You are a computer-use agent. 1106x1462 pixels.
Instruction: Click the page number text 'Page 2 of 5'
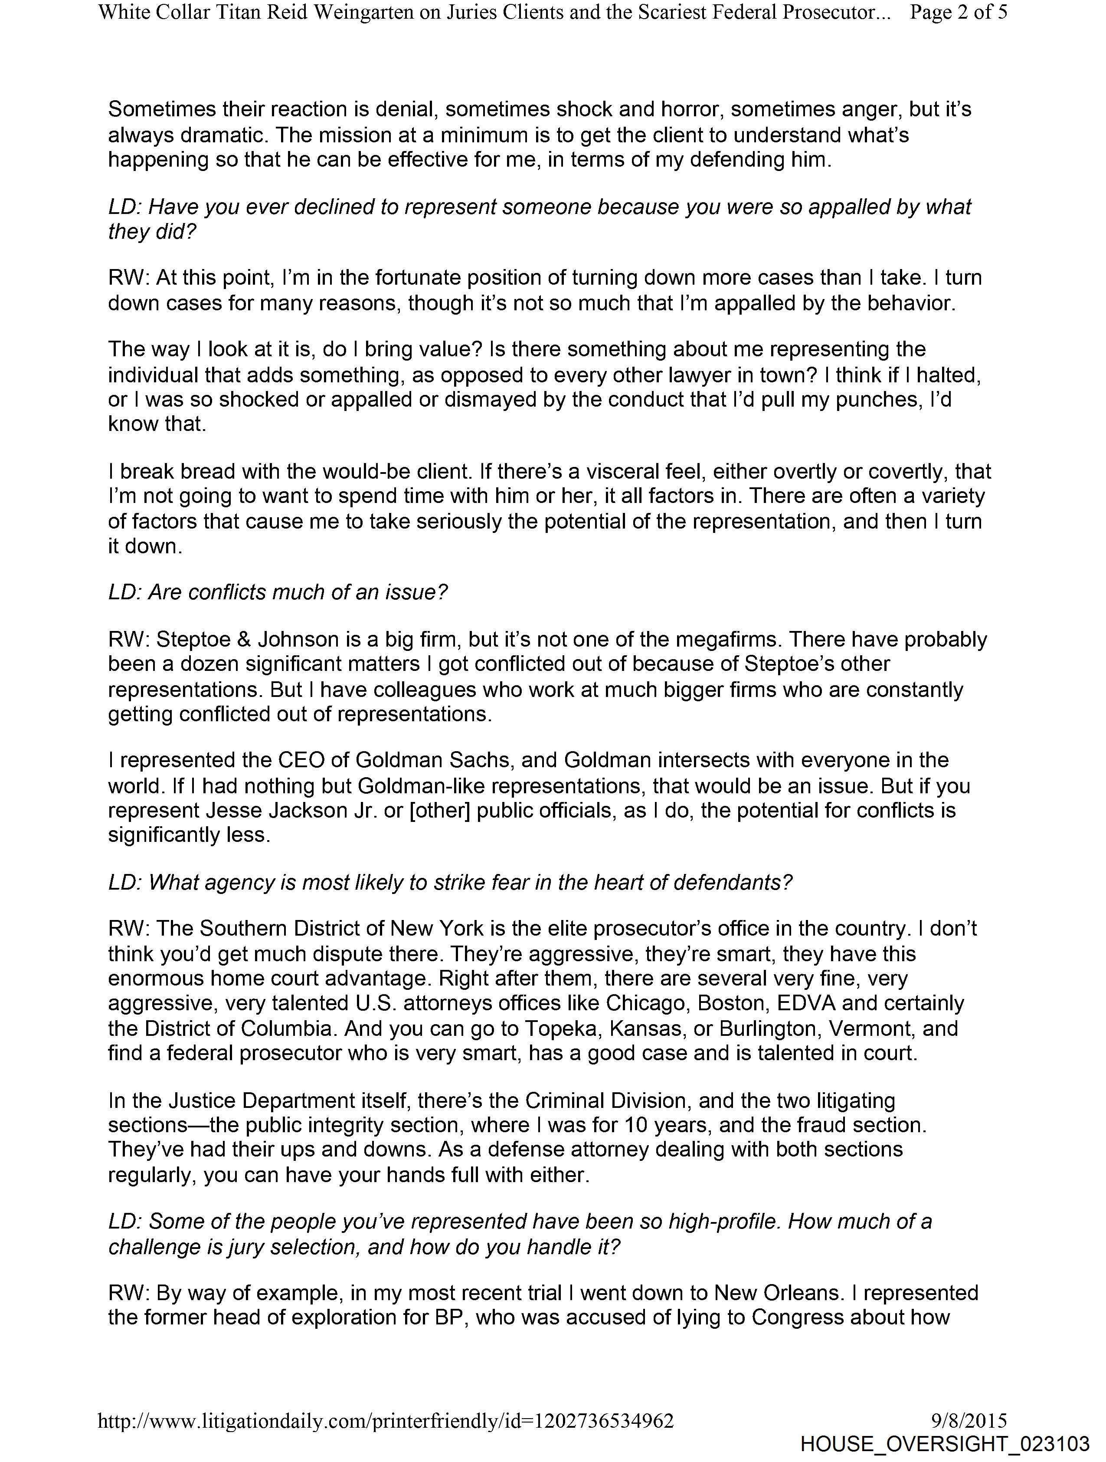958,13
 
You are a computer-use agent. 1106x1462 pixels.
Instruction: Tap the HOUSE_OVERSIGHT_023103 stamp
944,1444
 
